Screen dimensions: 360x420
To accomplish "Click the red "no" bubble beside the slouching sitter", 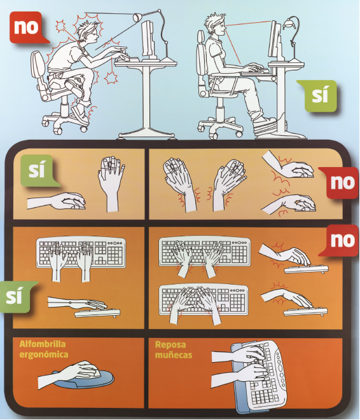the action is [27, 27].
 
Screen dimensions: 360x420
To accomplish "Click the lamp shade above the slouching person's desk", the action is [137, 17].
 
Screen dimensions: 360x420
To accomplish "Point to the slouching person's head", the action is [88, 30].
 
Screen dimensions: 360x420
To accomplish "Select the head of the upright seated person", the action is [215, 24].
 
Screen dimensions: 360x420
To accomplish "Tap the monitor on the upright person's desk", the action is [275, 39].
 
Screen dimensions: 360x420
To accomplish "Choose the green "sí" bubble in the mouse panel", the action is [39, 170].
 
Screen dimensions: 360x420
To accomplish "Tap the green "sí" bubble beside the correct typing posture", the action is [17, 297].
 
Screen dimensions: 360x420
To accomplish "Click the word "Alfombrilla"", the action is [43, 344].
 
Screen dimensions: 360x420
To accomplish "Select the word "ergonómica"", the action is [44, 355].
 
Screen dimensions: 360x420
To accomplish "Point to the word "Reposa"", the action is [170, 344].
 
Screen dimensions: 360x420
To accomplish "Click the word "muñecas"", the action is [174, 355].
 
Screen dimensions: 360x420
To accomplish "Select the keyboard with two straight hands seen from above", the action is [81, 252].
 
